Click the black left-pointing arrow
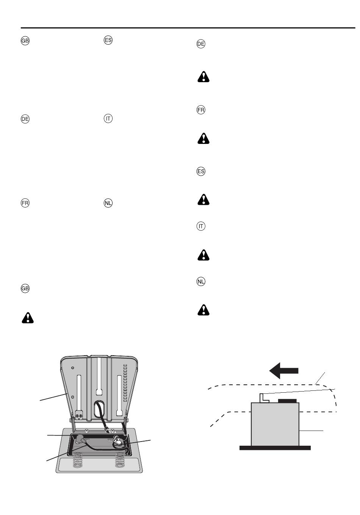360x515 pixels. pyautogui.click(x=283, y=370)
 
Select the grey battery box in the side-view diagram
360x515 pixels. pyautogui.click(x=275, y=424)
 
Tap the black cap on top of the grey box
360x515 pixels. pyautogui.click(x=287, y=401)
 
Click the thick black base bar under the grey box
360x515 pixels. pyautogui.click(x=275, y=448)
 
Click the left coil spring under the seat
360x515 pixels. pyautogui.click(x=78, y=460)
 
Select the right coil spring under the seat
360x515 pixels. pyautogui.click(x=120, y=460)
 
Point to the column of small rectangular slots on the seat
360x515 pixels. pyautogui.click(x=125, y=383)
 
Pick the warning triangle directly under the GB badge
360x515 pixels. pyautogui.click(x=28, y=318)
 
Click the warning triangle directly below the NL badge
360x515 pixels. pyautogui.click(x=203, y=310)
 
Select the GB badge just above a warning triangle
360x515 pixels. pyautogui.click(x=25, y=288)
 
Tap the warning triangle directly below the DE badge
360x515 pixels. pyautogui.click(x=203, y=77)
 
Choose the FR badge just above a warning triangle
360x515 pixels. pyautogui.click(x=201, y=110)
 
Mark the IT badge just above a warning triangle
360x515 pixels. pyautogui.click(x=201, y=226)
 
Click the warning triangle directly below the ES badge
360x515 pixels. pyautogui.click(x=203, y=199)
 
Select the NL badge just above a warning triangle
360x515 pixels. pyautogui.click(x=201, y=281)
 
